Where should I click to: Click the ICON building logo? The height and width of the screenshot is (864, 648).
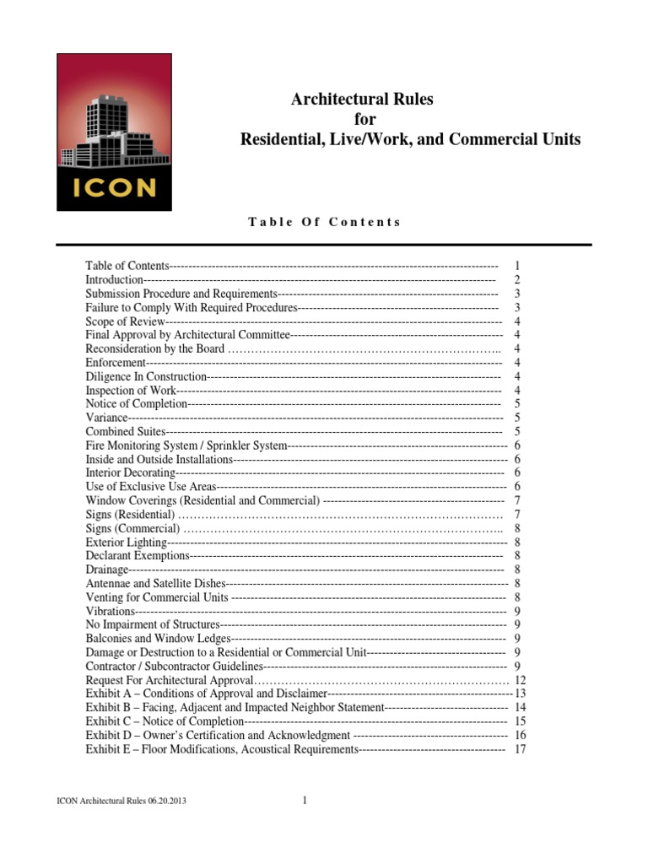tap(114, 132)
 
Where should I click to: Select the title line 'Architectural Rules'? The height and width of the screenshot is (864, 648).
tap(362, 100)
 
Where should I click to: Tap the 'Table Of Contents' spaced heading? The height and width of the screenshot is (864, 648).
tap(324, 222)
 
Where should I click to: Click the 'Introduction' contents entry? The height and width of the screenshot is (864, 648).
tap(115, 279)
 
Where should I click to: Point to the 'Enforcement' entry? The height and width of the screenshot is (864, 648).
tap(116, 363)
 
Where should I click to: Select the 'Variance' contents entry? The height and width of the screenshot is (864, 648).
tap(107, 418)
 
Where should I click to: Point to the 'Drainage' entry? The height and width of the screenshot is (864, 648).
tap(106, 570)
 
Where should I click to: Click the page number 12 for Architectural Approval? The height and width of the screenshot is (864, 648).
tap(520, 680)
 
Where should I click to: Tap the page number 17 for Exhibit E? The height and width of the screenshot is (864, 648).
tap(520, 749)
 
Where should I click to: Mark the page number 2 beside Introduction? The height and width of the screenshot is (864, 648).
tap(516, 279)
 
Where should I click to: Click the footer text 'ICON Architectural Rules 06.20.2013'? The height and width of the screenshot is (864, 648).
tap(116, 802)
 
